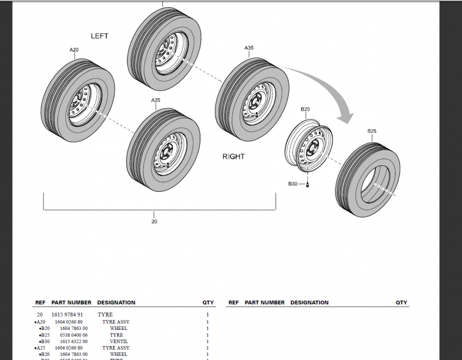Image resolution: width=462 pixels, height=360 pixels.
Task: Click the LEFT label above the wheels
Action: (x=100, y=36)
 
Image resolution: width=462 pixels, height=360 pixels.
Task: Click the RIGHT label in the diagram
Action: (x=233, y=156)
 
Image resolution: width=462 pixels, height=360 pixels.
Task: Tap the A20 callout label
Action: (x=74, y=50)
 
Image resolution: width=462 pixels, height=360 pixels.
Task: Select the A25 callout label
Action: (x=155, y=100)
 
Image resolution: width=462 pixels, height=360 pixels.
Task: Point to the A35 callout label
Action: (x=249, y=47)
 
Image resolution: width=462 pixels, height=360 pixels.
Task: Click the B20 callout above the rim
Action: (x=305, y=109)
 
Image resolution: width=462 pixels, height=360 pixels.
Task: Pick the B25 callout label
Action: (x=372, y=131)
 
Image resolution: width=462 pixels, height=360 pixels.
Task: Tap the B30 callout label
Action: (x=293, y=183)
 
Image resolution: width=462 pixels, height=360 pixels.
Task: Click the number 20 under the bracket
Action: (x=154, y=222)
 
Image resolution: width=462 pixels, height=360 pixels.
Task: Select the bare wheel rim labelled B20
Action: (x=308, y=145)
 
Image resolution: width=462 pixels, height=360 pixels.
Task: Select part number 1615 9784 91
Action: (x=67, y=314)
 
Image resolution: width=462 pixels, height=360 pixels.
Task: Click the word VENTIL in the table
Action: (x=119, y=341)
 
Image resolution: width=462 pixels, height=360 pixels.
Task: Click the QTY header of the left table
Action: (x=208, y=302)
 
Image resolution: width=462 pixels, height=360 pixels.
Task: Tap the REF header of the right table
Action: (x=233, y=302)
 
